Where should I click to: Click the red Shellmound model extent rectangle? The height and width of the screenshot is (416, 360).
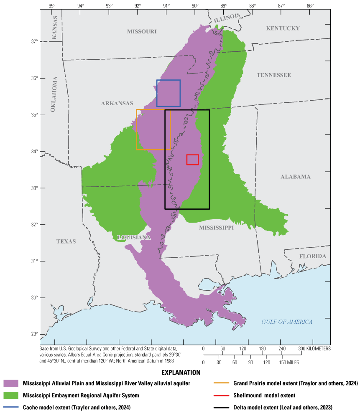click(x=192, y=160)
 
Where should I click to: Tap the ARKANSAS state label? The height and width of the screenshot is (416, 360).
click(x=117, y=103)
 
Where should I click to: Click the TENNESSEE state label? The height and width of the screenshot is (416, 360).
click(x=273, y=75)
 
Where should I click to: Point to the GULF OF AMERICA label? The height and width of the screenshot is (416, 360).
click(x=287, y=322)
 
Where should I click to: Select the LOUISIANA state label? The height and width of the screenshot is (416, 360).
click(x=134, y=237)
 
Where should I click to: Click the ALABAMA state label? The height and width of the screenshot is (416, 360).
click(x=295, y=177)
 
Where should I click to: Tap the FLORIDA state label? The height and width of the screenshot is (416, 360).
click(x=312, y=256)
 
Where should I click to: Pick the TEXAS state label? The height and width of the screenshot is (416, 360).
click(x=66, y=241)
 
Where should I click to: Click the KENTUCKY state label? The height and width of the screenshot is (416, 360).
click(x=283, y=28)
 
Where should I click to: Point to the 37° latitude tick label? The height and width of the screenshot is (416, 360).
click(x=33, y=41)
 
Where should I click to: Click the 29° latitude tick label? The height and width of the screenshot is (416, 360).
click(x=33, y=334)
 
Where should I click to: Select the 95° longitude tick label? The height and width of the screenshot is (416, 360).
click(x=51, y=6)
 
